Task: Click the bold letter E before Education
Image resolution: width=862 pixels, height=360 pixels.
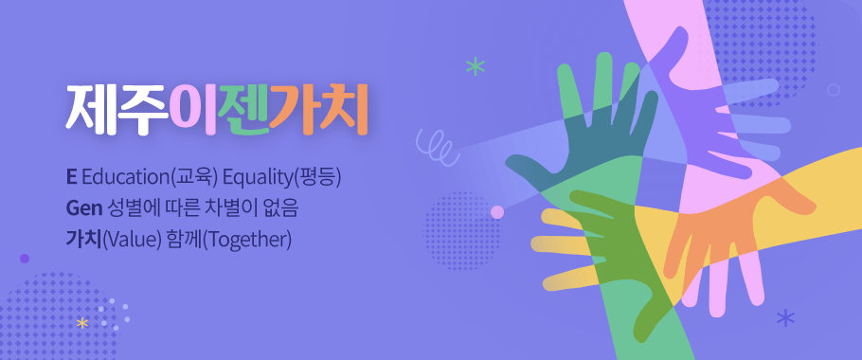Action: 70,177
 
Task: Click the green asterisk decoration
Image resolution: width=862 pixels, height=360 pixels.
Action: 474,66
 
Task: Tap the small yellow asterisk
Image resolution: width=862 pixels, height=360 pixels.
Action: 82,324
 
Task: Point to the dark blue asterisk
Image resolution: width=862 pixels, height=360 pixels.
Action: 784,317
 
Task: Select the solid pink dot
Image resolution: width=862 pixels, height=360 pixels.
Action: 497,211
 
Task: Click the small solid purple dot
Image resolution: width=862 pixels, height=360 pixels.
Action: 25,258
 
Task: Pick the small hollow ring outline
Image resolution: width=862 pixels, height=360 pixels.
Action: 834,90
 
